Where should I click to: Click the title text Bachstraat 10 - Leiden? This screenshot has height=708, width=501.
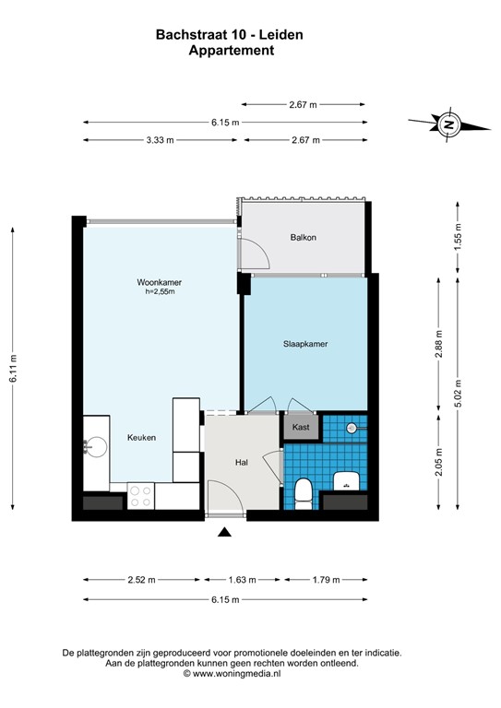pyautogui.click(x=231, y=35)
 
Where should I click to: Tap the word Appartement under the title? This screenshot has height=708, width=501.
pyautogui.click(x=231, y=52)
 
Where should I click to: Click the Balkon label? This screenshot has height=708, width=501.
pyautogui.click(x=303, y=237)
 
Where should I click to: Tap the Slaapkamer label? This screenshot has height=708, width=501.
pyautogui.click(x=305, y=344)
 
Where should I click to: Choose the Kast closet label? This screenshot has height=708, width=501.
pyautogui.click(x=301, y=428)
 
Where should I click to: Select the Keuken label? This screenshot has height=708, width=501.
pyautogui.click(x=141, y=439)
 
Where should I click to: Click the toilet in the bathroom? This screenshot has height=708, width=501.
pyautogui.click(x=302, y=490)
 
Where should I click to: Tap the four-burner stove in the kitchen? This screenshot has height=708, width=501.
pyautogui.click(x=141, y=496)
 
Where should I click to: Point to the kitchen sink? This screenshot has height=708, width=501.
pyautogui.click(x=92, y=447)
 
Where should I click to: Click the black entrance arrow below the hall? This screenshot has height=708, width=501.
pyautogui.click(x=223, y=532)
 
